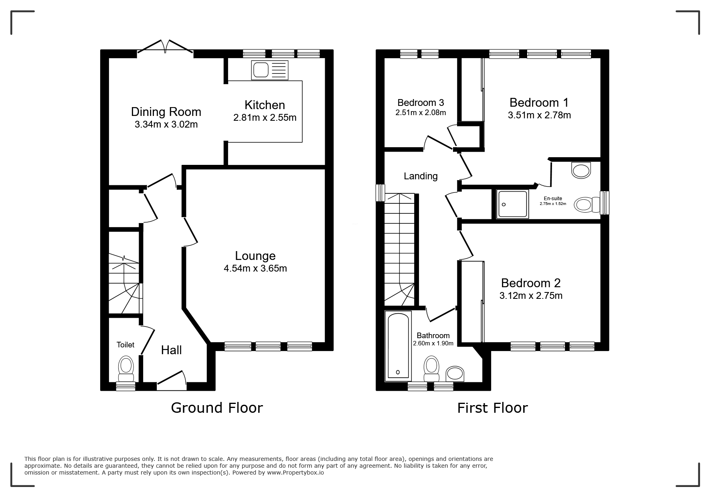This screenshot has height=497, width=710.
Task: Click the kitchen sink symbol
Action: (x=270, y=70)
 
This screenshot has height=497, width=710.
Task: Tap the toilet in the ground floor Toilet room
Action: (x=126, y=369)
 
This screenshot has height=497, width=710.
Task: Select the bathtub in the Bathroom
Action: (x=398, y=345)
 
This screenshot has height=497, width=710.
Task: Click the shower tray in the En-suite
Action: (x=512, y=205)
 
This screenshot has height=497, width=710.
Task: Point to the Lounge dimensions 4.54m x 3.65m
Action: (x=255, y=268)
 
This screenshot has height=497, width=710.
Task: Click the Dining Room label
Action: (x=166, y=112)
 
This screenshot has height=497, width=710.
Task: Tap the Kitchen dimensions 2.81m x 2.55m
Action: (x=265, y=118)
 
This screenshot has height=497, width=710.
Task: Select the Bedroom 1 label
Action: (x=539, y=102)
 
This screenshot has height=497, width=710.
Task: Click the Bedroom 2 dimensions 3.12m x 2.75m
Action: (x=531, y=296)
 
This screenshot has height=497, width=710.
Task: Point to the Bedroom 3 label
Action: (x=421, y=103)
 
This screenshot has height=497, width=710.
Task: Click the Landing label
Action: (x=421, y=176)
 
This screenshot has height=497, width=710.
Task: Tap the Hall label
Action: (x=171, y=350)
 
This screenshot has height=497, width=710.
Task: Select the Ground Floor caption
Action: (x=217, y=408)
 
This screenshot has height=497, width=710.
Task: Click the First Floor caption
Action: (x=492, y=408)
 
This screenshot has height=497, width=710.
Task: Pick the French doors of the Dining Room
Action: (x=165, y=46)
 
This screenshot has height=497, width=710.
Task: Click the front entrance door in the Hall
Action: (x=172, y=381)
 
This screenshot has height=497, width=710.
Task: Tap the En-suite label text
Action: (x=553, y=199)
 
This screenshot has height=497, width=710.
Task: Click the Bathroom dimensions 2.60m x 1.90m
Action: (x=433, y=343)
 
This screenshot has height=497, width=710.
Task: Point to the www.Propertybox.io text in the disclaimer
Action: (x=295, y=473)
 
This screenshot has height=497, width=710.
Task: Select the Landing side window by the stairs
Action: (x=380, y=193)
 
